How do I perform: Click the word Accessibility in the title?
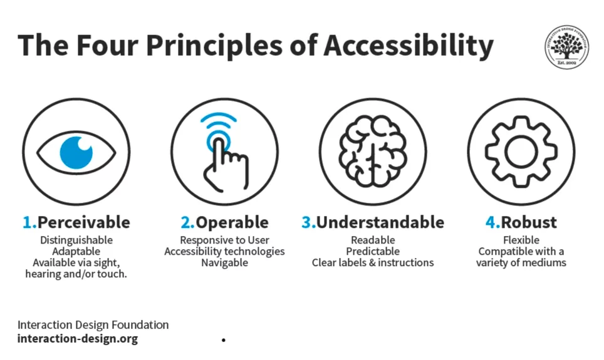pyautogui.click(x=409, y=46)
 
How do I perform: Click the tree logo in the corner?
pyautogui.click(x=566, y=47)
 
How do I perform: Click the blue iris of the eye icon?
pyautogui.click(x=76, y=153)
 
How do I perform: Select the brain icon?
pyautogui.click(x=373, y=152)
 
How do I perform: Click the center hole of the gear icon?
pyautogui.click(x=521, y=152)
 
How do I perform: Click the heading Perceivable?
pyautogui.click(x=84, y=222)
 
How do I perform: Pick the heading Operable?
pyautogui.click(x=232, y=222)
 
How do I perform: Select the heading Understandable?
pyautogui.click(x=380, y=222)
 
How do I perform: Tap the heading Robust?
pyautogui.click(x=529, y=222)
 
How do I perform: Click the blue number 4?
pyautogui.click(x=491, y=222)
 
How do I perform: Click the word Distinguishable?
pyautogui.click(x=76, y=240)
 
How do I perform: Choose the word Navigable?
pyautogui.click(x=224, y=262)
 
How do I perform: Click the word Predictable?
pyautogui.click(x=373, y=251)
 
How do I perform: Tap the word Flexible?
pyautogui.click(x=521, y=240)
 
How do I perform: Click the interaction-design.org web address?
pyautogui.click(x=78, y=339)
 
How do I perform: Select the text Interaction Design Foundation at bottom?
pyautogui.click(x=93, y=324)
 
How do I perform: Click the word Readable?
pyautogui.click(x=373, y=240)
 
